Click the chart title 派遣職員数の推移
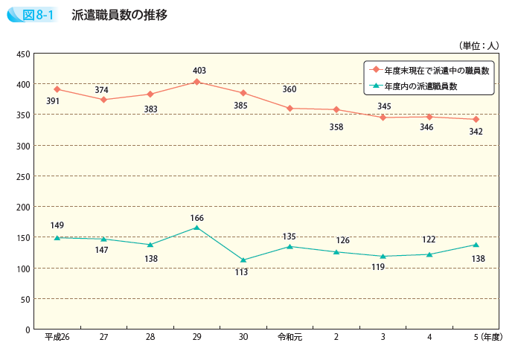tap(120, 16)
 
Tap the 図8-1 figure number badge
tap(37, 16)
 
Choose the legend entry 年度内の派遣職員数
tap(421, 86)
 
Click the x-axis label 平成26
tap(57, 337)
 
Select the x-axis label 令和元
tap(290, 337)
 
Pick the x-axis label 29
tap(196, 337)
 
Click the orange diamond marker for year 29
tap(196, 82)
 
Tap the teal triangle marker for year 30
tap(243, 260)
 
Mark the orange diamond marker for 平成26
tap(57, 89)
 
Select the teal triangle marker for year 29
tap(196, 228)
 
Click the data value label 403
tap(199, 71)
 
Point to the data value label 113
tap(241, 273)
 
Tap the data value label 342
tap(476, 132)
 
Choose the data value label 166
tap(196, 218)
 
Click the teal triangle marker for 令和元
tap(290, 246)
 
